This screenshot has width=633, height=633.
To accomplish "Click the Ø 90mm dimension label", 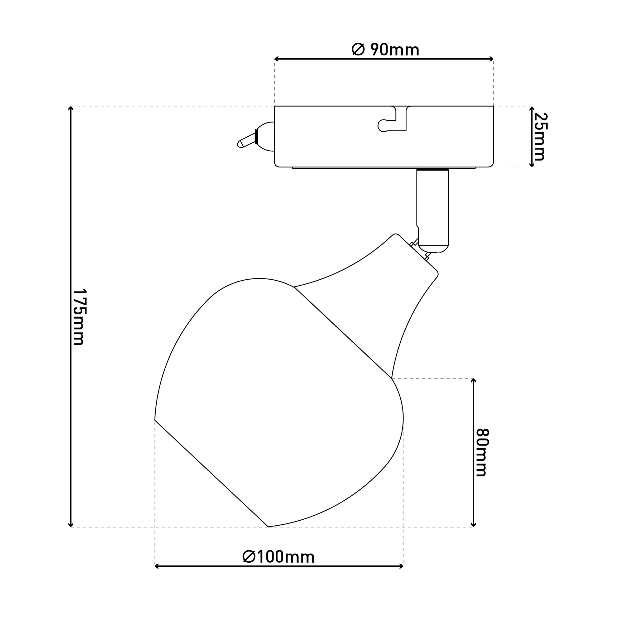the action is tap(385, 50).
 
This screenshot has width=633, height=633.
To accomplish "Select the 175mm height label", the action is tap(79, 317).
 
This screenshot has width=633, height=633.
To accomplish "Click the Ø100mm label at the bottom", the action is tap(279, 557).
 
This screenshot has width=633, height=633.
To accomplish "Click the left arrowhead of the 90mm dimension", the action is tap(276, 59).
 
